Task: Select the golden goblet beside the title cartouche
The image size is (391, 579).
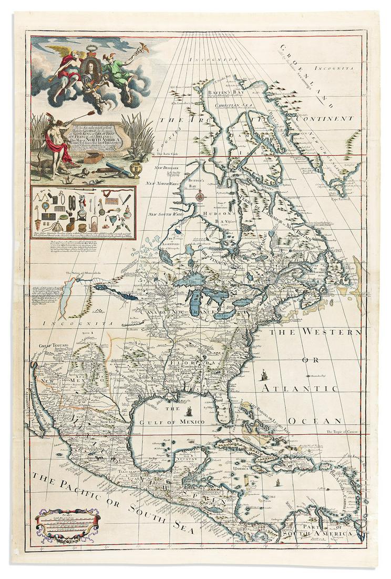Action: click(135, 169)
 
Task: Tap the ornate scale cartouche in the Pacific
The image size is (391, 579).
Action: click(67, 523)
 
